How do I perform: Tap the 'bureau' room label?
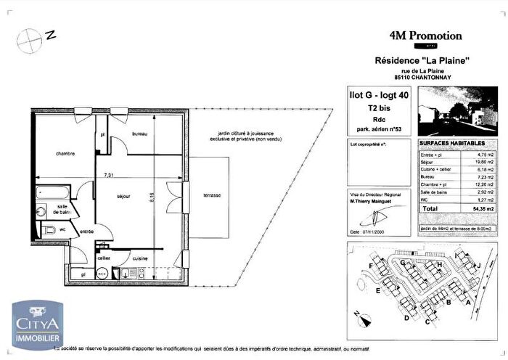(x=140, y=135)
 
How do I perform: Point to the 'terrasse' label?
(x=212, y=196)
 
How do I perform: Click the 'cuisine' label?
(x=139, y=258)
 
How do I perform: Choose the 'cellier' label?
(x=104, y=258)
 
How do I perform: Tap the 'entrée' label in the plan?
(x=86, y=232)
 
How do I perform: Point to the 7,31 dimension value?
(x=108, y=175)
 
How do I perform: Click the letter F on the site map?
(x=370, y=267)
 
